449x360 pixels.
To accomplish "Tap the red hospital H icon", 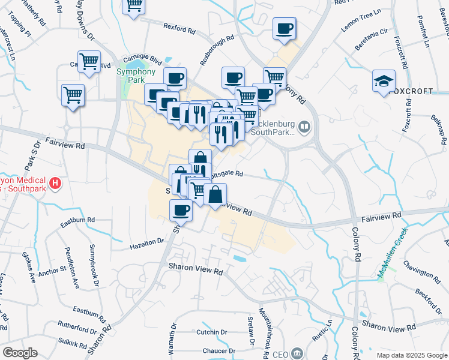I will click(x=55, y=182).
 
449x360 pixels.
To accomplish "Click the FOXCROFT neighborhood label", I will click(x=411, y=91).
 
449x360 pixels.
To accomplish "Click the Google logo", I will click(x=20, y=353).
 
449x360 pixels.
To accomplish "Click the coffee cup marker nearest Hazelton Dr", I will click(x=181, y=210).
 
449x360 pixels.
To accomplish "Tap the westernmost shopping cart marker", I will click(x=73, y=94).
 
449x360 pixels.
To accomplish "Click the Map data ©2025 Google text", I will click(x=412, y=355).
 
